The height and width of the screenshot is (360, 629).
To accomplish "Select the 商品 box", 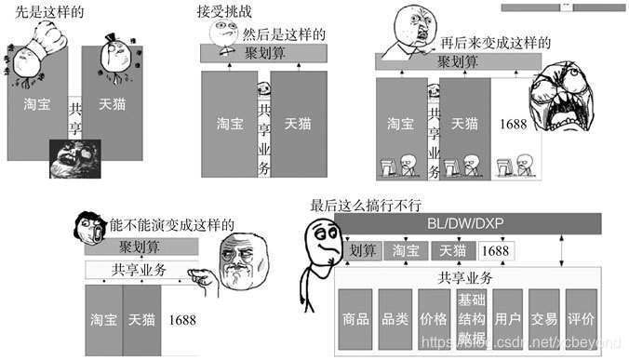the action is pyautogui.click(x=355, y=318).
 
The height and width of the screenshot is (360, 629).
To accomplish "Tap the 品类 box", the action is pyautogui.click(x=395, y=318).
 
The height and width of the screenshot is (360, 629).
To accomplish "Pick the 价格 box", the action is pyautogui.click(x=434, y=318).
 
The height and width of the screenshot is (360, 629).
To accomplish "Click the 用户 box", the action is pyautogui.click(x=507, y=318).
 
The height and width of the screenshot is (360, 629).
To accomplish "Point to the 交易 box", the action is pyautogui.click(x=544, y=318).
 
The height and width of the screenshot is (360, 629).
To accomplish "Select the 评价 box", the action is pyautogui.click(x=582, y=318).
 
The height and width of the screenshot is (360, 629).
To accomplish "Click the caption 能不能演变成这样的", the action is pyautogui.click(x=166, y=226).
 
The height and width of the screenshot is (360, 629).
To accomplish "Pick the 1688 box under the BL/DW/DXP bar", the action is pyautogui.click(x=495, y=250).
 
